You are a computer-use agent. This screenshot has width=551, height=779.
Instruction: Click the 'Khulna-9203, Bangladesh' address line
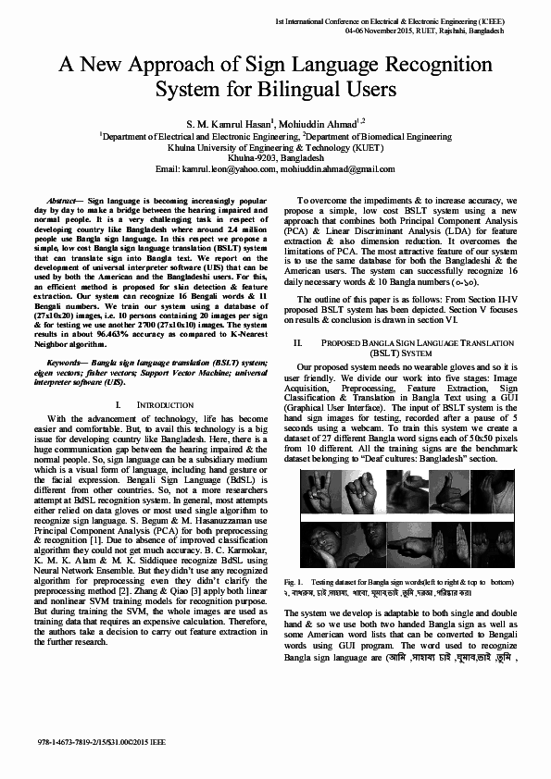(x=275, y=158)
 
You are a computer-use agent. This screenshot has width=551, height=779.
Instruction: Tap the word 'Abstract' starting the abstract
(x=60, y=200)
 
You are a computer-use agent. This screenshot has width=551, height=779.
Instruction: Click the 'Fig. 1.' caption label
(x=294, y=581)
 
